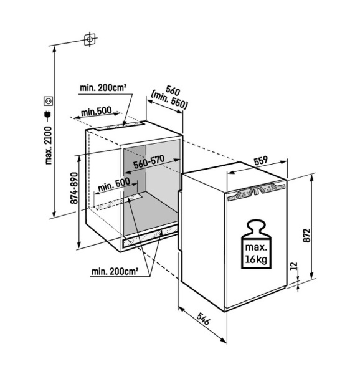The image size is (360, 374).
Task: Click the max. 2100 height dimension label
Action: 49,145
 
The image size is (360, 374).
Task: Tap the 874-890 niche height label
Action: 75,188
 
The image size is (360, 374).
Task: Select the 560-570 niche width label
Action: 149,162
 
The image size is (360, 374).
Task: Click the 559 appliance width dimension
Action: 261,161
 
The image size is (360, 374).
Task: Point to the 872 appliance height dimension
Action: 307,236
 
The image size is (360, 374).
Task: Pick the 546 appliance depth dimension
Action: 203,319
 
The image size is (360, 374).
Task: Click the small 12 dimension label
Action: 295,266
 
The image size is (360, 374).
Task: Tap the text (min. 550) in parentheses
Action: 169,100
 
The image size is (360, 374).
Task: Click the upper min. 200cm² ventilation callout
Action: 103,88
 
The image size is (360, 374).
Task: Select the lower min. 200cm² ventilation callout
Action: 115,271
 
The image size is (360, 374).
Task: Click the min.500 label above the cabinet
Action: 97,111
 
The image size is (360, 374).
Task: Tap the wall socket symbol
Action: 49,101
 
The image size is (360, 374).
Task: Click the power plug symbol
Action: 47,115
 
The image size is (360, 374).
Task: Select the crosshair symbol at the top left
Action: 90,39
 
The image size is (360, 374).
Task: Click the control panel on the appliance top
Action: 257,191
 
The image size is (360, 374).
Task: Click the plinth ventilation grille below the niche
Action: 150,237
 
